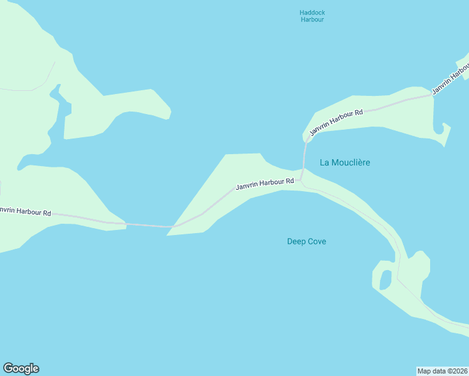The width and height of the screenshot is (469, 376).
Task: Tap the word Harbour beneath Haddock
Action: point(312,19)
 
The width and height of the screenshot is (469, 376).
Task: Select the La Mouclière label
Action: point(345,162)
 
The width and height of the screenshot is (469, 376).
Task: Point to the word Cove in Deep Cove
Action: point(317,241)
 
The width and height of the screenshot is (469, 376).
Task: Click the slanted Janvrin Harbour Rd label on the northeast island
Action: point(336,122)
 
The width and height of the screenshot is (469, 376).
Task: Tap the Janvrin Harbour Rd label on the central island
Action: point(265,184)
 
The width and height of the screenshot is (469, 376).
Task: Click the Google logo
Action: point(21,368)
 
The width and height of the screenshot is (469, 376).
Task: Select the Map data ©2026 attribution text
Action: point(442,371)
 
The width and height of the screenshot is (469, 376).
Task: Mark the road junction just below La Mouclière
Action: point(302,180)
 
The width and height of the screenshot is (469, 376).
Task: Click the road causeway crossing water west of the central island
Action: point(147,225)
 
